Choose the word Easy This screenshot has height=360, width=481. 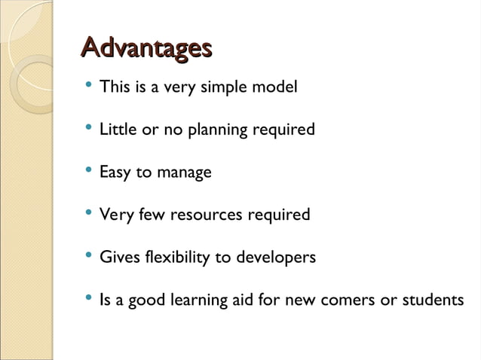tap(115, 173)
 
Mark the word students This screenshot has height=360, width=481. tap(432, 301)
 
